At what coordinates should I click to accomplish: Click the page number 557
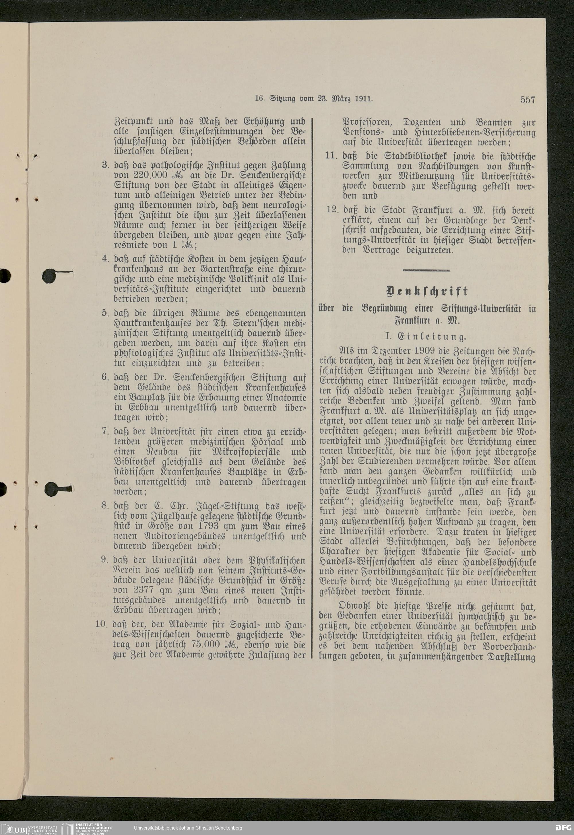528,100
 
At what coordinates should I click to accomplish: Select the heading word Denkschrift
426,291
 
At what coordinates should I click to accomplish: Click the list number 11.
333,156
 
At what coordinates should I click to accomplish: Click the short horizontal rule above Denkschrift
426,270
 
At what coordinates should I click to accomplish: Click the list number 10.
102,624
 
